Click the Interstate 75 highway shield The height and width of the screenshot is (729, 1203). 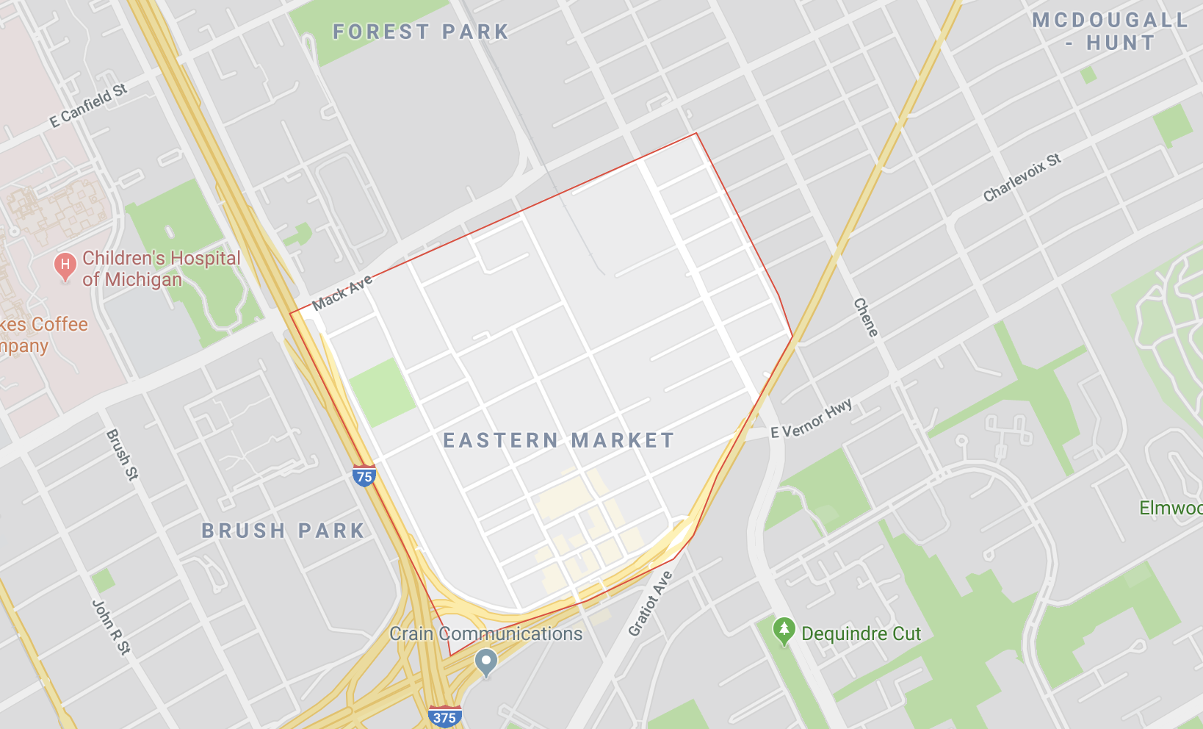tap(364, 476)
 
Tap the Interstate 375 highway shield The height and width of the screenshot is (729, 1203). tap(444, 717)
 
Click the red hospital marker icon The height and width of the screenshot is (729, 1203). tap(65, 267)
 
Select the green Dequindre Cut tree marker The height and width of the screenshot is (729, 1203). tap(784, 631)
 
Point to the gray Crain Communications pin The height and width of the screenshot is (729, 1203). tap(486, 662)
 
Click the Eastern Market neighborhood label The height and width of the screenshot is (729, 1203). tap(559, 440)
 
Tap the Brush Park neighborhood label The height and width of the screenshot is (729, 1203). tap(283, 531)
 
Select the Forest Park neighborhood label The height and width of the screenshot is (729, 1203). tap(421, 32)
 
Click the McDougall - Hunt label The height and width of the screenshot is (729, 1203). tap(1110, 31)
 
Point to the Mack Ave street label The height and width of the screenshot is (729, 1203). tap(342, 292)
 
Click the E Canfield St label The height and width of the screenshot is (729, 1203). tap(89, 105)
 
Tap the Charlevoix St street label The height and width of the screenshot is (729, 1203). tap(1022, 177)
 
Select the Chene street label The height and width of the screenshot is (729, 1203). tap(866, 317)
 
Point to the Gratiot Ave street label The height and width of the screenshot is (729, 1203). tap(650, 603)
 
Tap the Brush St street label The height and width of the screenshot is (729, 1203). tap(122, 454)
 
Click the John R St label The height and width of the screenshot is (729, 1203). tap(111, 626)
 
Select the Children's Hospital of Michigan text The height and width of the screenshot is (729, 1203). tap(162, 268)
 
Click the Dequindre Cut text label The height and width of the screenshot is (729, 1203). tap(861, 633)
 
